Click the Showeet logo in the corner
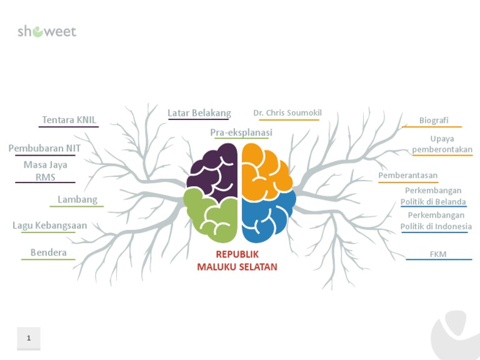tap(47, 31)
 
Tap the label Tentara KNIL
tap(69, 120)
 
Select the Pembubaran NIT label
tap(45, 149)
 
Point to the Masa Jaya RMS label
tap(45, 171)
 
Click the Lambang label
tap(77, 199)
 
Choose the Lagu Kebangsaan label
tap(49, 226)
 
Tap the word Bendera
tap(48, 252)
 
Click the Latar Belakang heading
tap(199, 113)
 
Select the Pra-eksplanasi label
tap(241, 132)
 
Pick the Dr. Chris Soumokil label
tap(287, 113)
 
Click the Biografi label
tap(434, 120)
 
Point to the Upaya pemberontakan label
tap(442, 144)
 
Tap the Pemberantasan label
tap(407, 176)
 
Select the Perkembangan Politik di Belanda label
tap(433, 196)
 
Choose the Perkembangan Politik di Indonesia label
tap(436, 221)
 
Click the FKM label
tap(438, 254)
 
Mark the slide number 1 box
tap(29, 338)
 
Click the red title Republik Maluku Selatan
tap(237, 261)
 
